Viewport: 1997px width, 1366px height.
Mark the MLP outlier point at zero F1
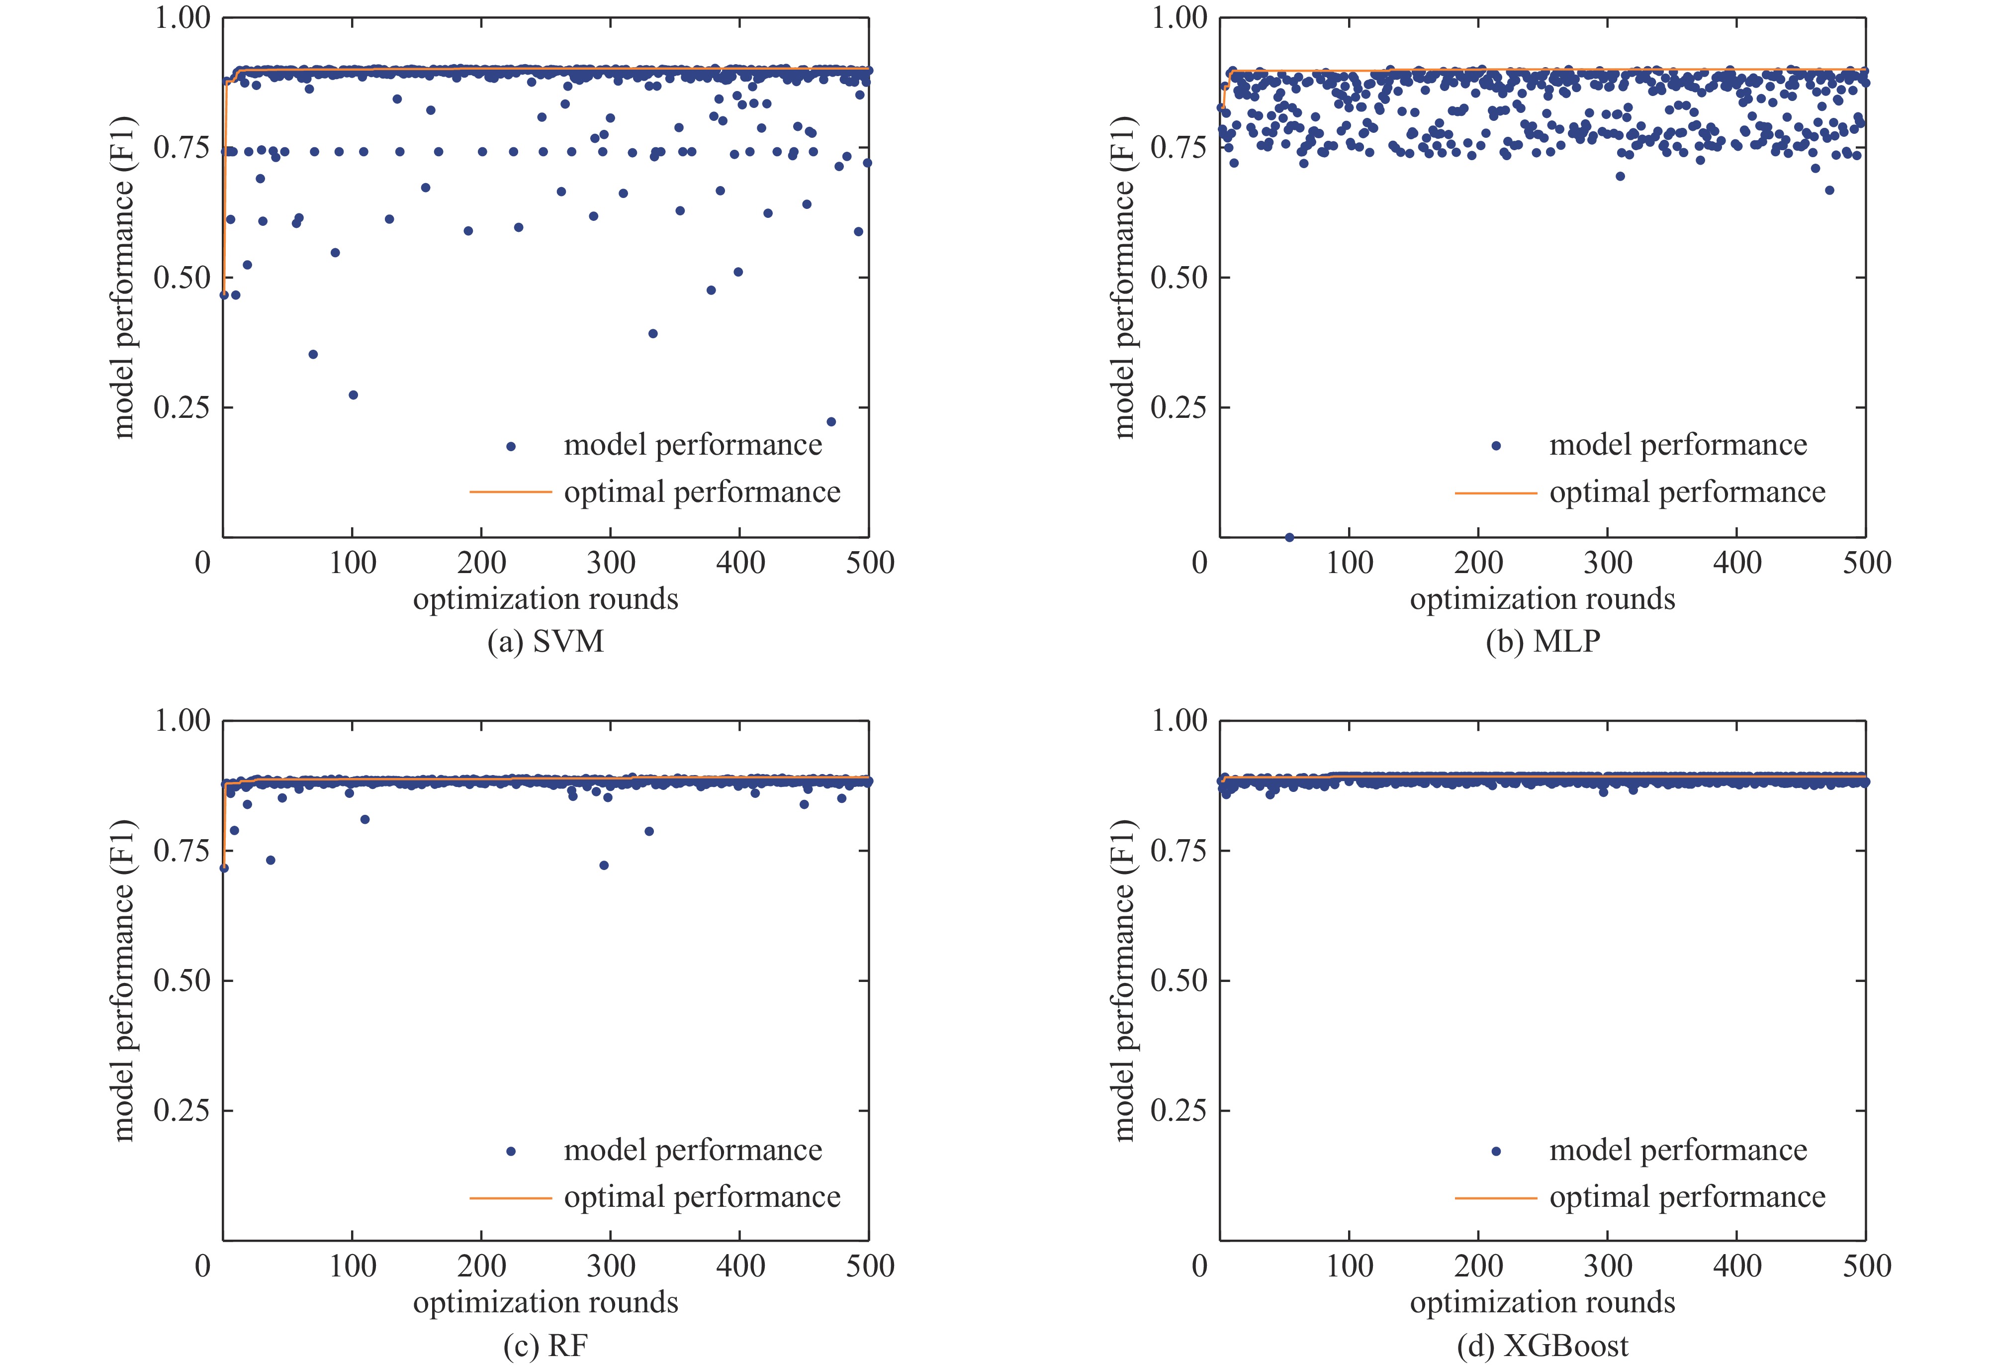(1289, 537)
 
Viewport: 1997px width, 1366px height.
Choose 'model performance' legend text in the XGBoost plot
(1678, 1150)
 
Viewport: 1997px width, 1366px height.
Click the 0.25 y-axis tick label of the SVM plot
(182, 407)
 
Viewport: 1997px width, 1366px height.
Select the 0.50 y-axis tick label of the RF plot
(182, 980)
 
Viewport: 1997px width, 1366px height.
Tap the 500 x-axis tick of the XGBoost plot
(1866, 1267)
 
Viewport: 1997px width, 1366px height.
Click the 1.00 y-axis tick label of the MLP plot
(1179, 18)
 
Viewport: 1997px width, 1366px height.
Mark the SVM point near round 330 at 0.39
(652, 334)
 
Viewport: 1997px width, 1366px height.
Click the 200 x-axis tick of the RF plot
(481, 1267)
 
